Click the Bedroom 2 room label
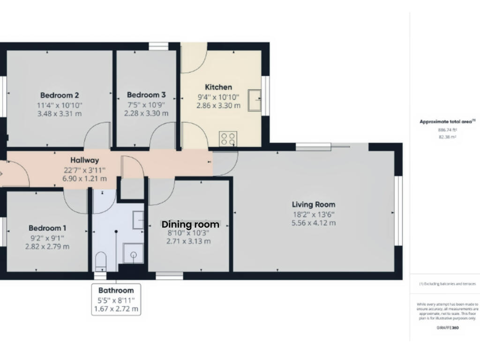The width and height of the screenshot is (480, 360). point(60,95)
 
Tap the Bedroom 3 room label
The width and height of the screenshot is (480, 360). point(146,95)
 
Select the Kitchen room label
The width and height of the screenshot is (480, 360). point(218,87)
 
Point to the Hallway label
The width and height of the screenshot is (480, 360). point(85,160)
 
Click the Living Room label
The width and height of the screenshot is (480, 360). point(314,204)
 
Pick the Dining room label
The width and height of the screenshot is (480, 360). point(190,225)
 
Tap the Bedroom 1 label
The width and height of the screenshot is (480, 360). point(47,228)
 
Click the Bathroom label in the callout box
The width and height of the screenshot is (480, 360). point(116,290)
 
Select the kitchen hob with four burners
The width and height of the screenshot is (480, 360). point(228,139)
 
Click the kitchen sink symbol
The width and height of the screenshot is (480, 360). point(255,100)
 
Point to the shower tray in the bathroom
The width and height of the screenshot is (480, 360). point(133,253)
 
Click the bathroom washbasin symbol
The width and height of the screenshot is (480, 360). point(138,220)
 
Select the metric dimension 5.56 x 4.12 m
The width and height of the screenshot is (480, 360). point(314,223)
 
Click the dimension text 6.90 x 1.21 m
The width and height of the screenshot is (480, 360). point(85,179)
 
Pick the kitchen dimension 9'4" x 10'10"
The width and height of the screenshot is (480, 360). point(218,97)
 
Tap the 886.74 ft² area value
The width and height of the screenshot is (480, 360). point(448,130)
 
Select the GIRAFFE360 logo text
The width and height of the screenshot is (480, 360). point(448,328)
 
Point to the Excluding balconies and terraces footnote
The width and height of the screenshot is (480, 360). point(448,284)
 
